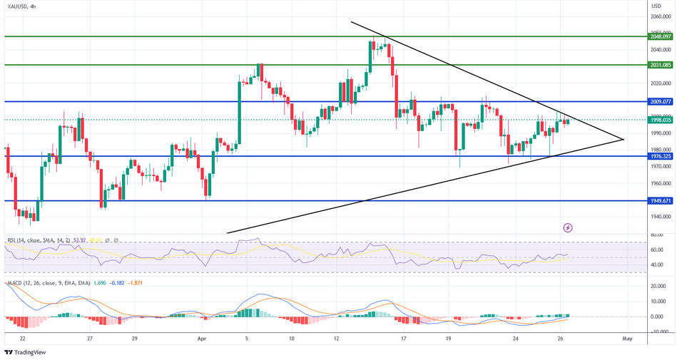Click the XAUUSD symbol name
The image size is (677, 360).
coord(19,6)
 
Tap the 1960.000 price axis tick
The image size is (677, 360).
coord(661,183)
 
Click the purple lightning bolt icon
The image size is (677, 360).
coord(568,227)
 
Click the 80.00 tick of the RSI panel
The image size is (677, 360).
coord(658,235)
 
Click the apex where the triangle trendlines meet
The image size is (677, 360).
coord(624,139)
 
